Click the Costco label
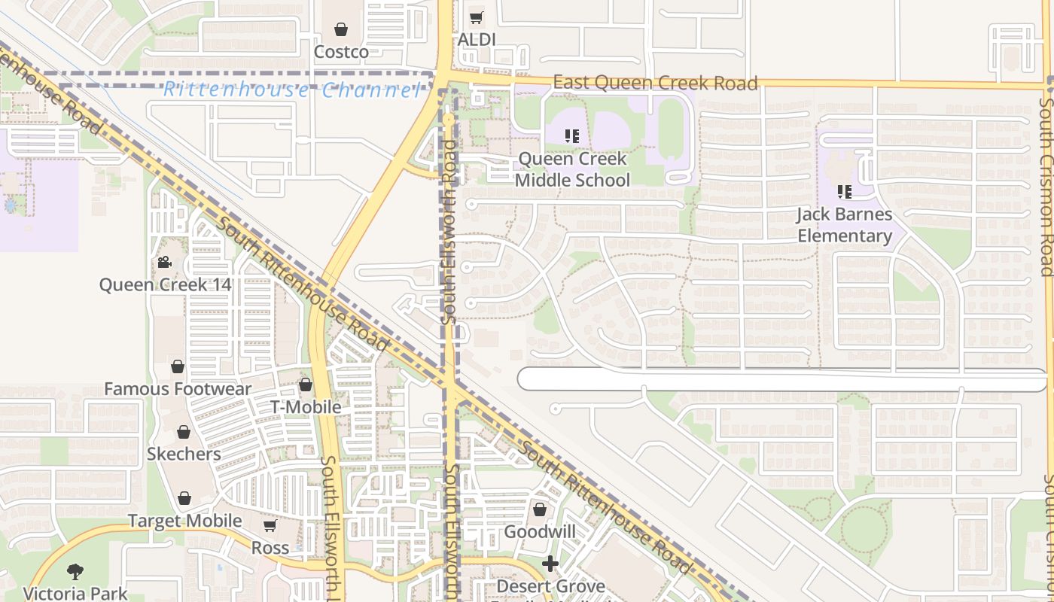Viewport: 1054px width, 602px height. (341, 52)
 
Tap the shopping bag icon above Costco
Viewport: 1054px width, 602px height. (341, 29)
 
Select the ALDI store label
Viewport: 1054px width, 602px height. (477, 39)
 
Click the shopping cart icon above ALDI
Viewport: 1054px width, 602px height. (476, 17)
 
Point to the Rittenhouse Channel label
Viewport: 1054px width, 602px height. (292, 91)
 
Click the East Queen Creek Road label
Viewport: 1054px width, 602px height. (655, 83)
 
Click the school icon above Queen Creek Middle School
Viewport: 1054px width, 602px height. (572, 136)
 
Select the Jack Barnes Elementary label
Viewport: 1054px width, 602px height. (845, 225)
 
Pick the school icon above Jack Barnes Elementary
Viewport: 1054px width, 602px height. (845, 192)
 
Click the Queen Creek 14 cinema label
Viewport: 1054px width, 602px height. (166, 285)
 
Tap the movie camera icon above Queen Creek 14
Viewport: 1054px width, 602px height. (165, 263)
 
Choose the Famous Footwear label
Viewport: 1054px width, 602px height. (178, 389)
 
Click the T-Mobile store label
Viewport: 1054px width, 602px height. (306, 407)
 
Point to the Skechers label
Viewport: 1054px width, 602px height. (184, 454)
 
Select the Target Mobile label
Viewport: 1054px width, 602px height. (184, 521)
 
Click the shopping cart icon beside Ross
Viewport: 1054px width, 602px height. (270, 525)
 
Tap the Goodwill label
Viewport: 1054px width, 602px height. (539, 532)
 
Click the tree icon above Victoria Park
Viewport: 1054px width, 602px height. (75, 572)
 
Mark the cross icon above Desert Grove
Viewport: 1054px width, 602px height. (550, 564)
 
